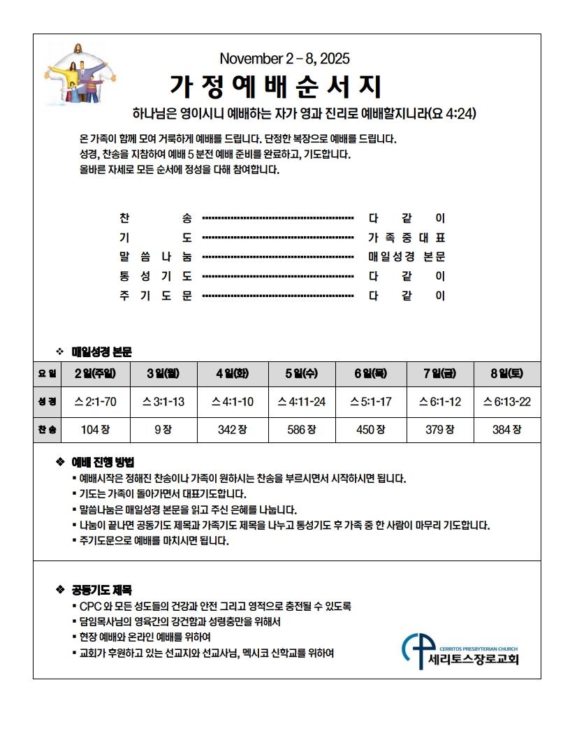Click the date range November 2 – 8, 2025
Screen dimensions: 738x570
(x=284, y=58)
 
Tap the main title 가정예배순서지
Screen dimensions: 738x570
(x=276, y=86)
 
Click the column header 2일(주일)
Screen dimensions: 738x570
(x=95, y=373)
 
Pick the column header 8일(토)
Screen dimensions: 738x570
(x=507, y=373)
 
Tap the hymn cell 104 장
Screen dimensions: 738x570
(x=95, y=430)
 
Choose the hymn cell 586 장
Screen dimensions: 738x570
(x=302, y=430)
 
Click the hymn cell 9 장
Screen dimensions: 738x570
(x=163, y=430)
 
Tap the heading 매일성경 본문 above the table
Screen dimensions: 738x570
(x=101, y=351)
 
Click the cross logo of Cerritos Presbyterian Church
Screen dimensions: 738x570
(x=416, y=649)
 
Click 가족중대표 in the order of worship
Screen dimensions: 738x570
(x=407, y=237)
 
